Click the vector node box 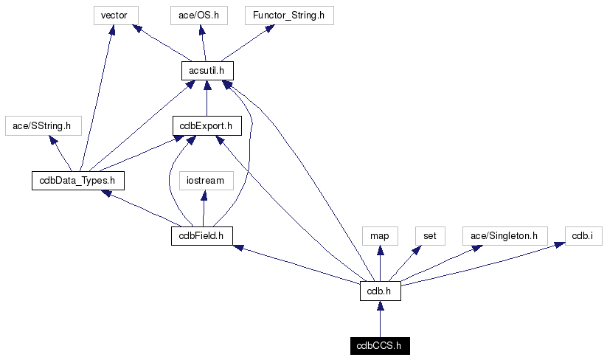point(114,15)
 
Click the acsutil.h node point(207,70)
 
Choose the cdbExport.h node point(207,125)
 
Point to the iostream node point(206,180)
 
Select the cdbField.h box point(201,235)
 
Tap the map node point(380,235)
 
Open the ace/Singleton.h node point(506,235)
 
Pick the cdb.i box point(583,235)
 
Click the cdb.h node point(380,291)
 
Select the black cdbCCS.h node point(379,345)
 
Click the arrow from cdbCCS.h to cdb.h point(380,318)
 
